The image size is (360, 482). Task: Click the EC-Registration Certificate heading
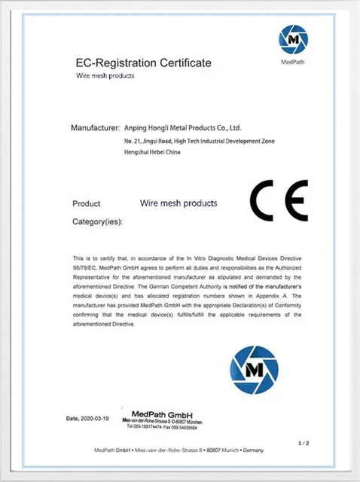pyautogui.click(x=144, y=63)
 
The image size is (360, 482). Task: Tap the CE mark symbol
pyautogui.click(x=278, y=200)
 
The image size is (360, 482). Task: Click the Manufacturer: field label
pyautogui.click(x=95, y=128)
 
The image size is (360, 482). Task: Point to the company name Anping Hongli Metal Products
pyautogui.click(x=182, y=128)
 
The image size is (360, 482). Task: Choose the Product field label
pyautogui.click(x=87, y=204)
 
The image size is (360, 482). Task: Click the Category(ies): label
pyautogui.click(x=97, y=222)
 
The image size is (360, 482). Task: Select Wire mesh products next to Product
pyautogui.click(x=178, y=203)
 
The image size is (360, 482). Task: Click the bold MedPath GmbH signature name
pyautogui.click(x=162, y=414)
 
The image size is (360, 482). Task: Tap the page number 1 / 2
pyautogui.click(x=304, y=443)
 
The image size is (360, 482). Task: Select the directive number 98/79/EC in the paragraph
pyautogui.click(x=86, y=266)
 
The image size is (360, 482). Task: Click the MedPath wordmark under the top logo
pyautogui.click(x=293, y=64)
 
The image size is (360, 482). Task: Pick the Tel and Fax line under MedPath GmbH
pyautogui.click(x=162, y=426)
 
